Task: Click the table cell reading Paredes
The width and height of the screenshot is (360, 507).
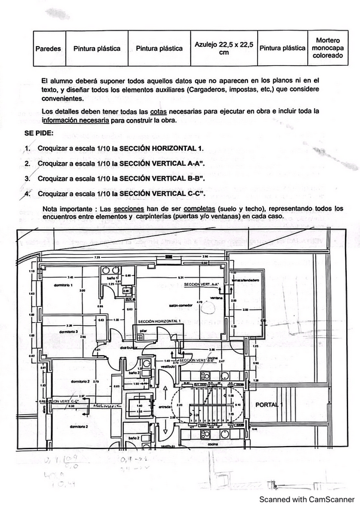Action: tap(48, 48)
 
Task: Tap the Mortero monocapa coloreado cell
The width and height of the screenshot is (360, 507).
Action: tap(327, 48)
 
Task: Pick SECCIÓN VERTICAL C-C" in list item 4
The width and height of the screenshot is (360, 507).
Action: tap(163, 194)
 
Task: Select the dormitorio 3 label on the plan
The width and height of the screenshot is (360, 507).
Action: tap(69, 331)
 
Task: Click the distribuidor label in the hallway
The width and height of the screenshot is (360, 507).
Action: tap(129, 347)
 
